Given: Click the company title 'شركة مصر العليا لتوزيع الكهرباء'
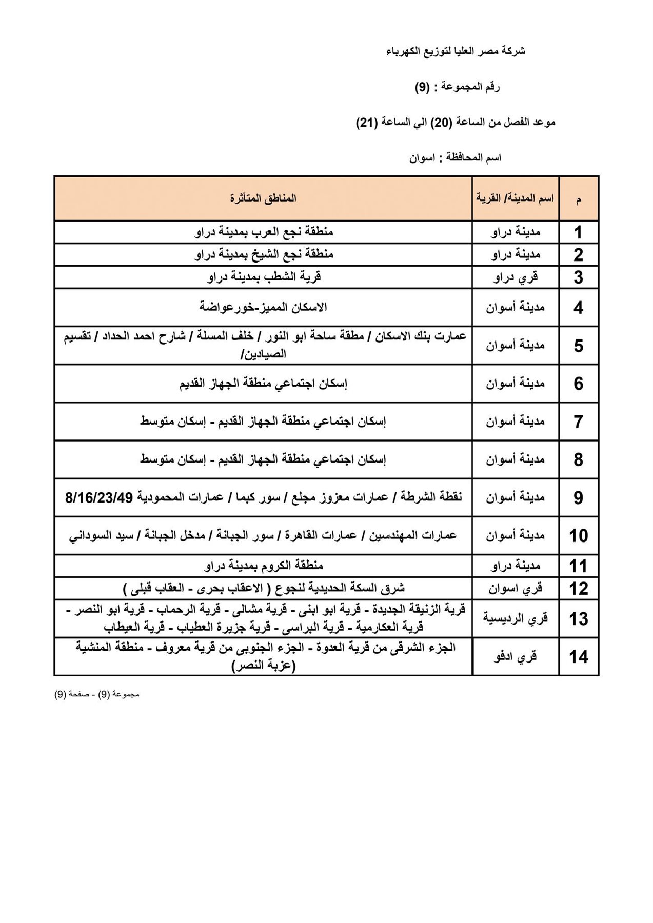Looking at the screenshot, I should (455, 52).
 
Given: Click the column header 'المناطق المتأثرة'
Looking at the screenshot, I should (263, 198).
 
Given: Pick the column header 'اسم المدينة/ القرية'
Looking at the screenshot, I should (515, 198).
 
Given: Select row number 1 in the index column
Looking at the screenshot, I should (578, 232).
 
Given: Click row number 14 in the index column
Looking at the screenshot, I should (578, 657).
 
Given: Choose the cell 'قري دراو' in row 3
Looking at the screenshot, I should (515, 277).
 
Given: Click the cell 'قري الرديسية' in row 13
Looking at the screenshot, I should (515, 618).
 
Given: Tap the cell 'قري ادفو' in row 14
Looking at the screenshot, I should (515, 657).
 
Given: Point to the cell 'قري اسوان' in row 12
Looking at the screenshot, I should (515, 588).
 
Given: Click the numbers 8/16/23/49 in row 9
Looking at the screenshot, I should (99, 497).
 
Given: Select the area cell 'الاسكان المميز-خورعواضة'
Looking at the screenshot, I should (263, 307).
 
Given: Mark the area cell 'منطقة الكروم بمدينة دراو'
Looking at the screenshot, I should (263, 566).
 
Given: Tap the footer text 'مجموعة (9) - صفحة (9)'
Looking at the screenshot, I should (97, 694).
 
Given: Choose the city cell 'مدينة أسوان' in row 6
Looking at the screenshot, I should (515, 383).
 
